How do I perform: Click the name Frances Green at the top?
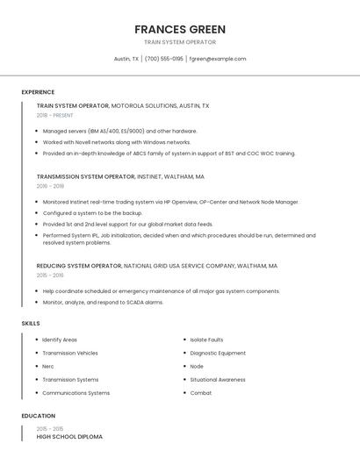[x=180, y=29]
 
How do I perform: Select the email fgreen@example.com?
[x=218, y=59]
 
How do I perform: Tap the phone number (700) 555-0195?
[x=164, y=59]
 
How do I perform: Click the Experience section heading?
[x=38, y=92]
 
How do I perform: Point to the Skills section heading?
[x=31, y=324]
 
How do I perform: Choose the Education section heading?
[x=39, y=416]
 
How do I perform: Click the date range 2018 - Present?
[x=55, y=115]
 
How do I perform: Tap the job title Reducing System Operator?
[x=79, y=265]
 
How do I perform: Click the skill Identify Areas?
[x=60, y=340]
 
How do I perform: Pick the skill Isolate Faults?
[x=206, y=340]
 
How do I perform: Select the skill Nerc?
[x=48, y=366]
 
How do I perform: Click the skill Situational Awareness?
[x=218, y=380]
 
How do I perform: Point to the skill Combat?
[x=201, y=393]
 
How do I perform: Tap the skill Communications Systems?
[x=76, y=393]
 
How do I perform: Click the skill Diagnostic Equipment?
[x=218, y=353]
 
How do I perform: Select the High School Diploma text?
[x=69, y=436]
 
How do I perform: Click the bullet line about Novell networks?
[x=117, y=142]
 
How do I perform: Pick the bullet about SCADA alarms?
[x=103, y=302]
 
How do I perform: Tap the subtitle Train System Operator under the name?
[x=180, y=42]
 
